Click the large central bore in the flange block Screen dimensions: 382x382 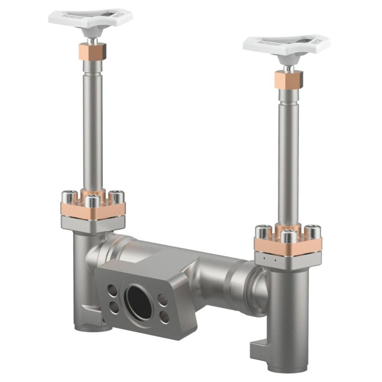[138, 302]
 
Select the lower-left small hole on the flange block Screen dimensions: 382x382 [115, 308]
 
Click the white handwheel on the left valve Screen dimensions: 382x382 [91, 17]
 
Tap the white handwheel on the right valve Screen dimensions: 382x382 [286, 43]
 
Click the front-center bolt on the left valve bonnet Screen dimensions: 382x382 [93, 201]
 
